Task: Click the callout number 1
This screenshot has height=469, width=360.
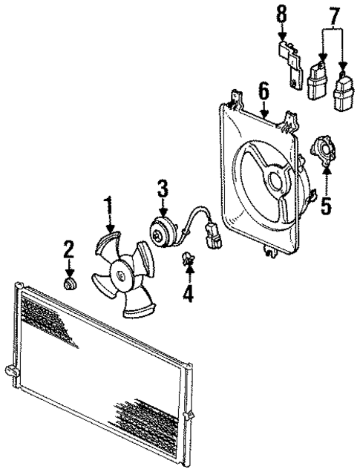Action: point(109,204)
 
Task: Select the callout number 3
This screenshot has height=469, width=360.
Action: point(163,191)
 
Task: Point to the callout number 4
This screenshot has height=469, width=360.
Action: point(188,294)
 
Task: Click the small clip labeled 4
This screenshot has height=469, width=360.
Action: point(188,259)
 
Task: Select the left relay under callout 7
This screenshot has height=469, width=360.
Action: point(318,80)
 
